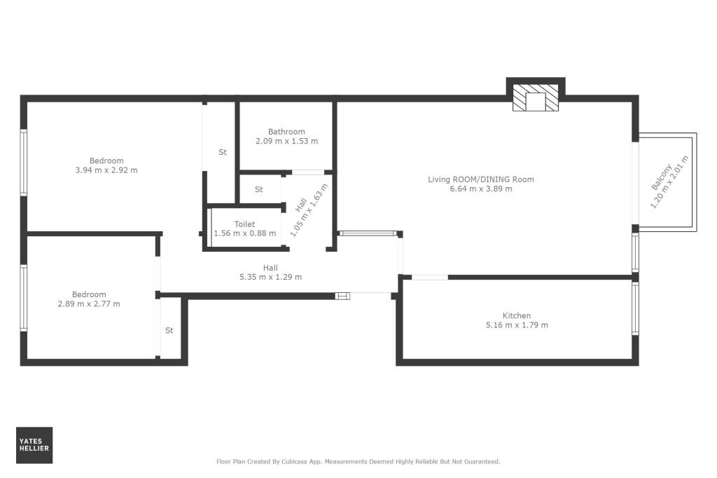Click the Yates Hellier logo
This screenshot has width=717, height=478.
(x=34, y=445)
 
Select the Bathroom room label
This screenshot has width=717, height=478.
(x=286, y=132)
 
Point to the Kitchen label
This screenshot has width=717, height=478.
(x=517, y=316)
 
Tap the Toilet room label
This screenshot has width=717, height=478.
(x=244, y=224)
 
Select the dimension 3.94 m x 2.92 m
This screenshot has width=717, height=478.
(x=106, y=170)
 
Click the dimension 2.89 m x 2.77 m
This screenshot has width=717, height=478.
(x=89, y=303)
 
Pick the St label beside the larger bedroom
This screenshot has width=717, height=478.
(x=223, y=152)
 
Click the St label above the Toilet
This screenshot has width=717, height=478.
(x=258, y=189)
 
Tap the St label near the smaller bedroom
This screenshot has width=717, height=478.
(x=169, y=330)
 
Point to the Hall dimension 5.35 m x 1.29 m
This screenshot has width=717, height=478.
(x=270, y=277)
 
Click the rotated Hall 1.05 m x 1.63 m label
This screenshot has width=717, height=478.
(x=308, y=209)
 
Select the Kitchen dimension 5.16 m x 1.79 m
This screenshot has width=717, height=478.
(x=517, y=325)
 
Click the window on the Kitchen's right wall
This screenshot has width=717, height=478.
(x=635, y=308)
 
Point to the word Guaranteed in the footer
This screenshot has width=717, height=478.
(x=481, y=462)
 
